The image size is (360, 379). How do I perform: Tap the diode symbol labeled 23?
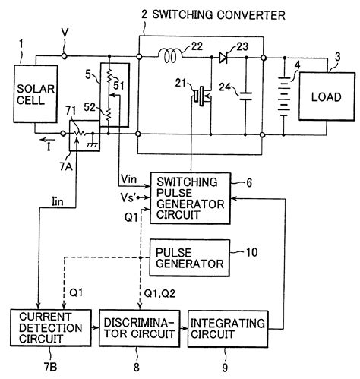coord(226,56)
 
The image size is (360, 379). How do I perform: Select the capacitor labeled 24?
coord(245,96)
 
